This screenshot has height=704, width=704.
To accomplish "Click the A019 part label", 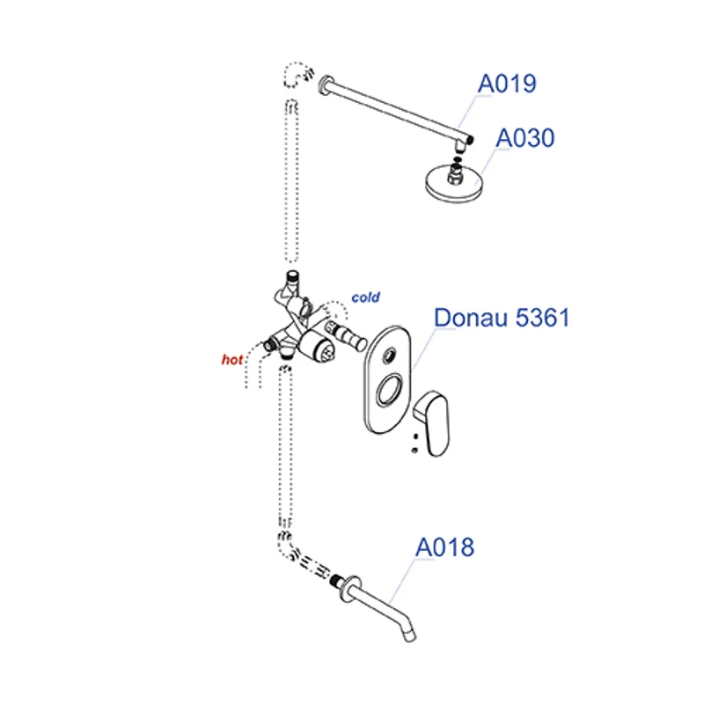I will [507, 84].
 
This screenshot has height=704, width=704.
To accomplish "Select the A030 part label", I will [525, 138].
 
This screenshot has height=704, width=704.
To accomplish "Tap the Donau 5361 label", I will [502, 318].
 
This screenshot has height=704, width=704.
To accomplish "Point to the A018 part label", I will [444, 547].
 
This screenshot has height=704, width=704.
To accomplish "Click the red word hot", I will [231, 359].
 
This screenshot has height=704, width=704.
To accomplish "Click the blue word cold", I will [365, 297].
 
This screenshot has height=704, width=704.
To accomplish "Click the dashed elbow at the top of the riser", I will [296, 74].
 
